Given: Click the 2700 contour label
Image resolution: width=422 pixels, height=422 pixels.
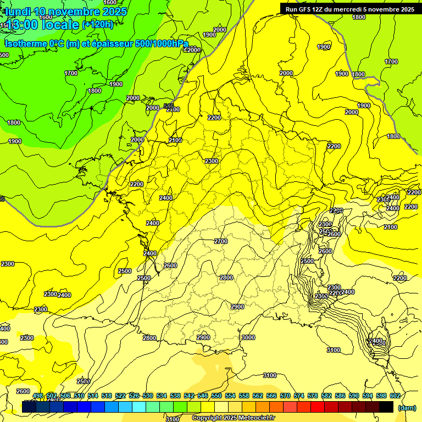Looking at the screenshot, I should coord(220,241).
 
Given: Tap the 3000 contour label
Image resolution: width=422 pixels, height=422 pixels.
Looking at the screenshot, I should coord(248,337).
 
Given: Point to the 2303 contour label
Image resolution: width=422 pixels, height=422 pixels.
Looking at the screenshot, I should coord(321,296).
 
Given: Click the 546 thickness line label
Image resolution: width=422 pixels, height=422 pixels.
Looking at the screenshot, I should coord(169,105).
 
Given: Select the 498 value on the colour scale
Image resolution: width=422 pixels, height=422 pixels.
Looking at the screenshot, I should coord(38,396).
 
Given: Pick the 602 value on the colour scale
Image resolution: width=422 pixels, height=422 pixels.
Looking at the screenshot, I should coord(395,396).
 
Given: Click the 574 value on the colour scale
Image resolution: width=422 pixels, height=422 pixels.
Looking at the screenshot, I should coord(299,396).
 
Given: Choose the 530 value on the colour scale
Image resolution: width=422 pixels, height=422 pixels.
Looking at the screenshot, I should coord(148,396).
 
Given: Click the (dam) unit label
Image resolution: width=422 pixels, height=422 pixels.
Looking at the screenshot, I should coord(407,408).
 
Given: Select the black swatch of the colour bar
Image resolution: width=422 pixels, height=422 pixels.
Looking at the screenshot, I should coord(386,407).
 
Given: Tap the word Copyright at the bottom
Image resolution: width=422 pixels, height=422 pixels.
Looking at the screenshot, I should coord(208,418).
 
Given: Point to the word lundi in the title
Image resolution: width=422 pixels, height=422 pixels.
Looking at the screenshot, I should coord(18,12).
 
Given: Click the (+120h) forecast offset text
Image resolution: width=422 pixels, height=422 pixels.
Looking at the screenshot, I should coord(98,24).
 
